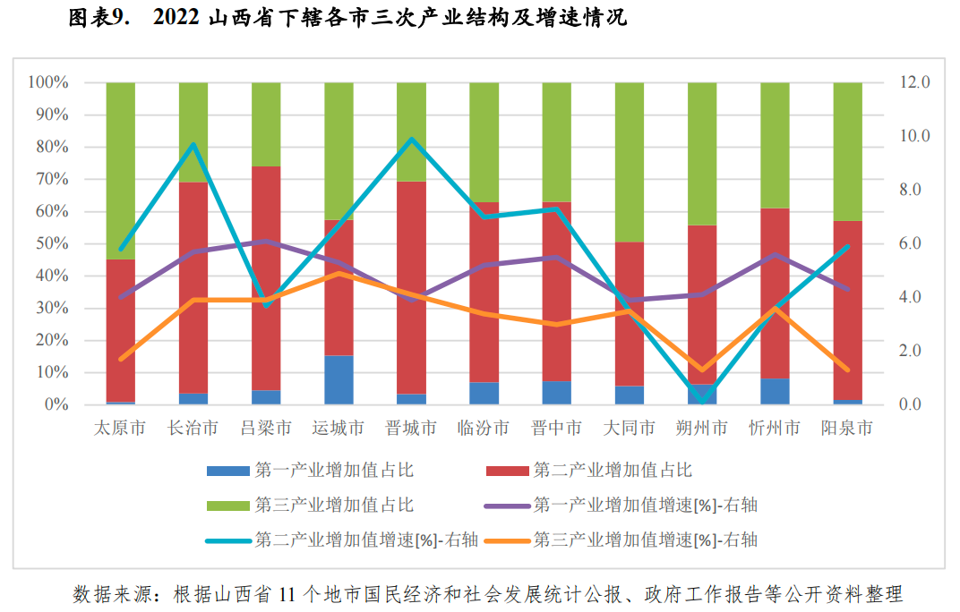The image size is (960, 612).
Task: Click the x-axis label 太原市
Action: [x=120, y=429]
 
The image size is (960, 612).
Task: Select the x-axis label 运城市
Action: [x=338, y=429]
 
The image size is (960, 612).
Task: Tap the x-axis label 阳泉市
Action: [x=846, y=429]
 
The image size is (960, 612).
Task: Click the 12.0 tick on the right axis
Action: [x=915, y=82]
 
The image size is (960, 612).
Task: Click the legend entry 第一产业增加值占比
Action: [x=333, y=470]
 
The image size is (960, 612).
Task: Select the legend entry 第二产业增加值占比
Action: [x=613, y=470]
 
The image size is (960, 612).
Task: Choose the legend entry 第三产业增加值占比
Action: [x=333, y=505]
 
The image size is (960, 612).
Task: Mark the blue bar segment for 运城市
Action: [x=339, y=380]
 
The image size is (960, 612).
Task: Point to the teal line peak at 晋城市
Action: [x=411, y=139]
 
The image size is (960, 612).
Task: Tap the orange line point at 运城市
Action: [x=339, y=273]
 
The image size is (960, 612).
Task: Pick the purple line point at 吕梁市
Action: [x=266, y=242]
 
